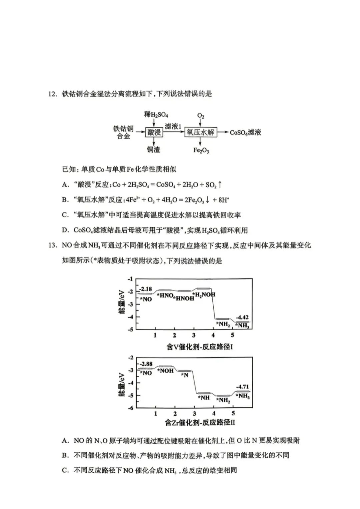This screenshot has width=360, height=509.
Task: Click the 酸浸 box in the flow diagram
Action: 154,132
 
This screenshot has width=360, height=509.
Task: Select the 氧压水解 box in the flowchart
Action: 200,132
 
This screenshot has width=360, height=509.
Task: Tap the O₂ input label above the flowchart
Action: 201,116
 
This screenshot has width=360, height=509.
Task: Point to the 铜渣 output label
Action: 154,150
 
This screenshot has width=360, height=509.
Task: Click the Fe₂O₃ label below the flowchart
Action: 201,150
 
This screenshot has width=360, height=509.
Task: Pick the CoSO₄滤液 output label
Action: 246,133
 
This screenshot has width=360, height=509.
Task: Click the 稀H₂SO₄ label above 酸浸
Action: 156,115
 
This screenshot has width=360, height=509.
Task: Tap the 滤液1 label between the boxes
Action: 173,126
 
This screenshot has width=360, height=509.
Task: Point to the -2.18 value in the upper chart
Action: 146,289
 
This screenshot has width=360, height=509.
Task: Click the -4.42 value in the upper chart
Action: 242,317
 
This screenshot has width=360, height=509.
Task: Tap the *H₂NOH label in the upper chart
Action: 204,295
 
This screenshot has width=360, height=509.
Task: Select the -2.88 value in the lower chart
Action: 146,364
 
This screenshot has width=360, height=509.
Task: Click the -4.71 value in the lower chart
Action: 242,387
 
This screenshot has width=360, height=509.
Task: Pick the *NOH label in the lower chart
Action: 166,370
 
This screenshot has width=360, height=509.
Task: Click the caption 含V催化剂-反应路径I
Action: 200,347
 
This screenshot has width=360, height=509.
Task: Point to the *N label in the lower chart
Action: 185,375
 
